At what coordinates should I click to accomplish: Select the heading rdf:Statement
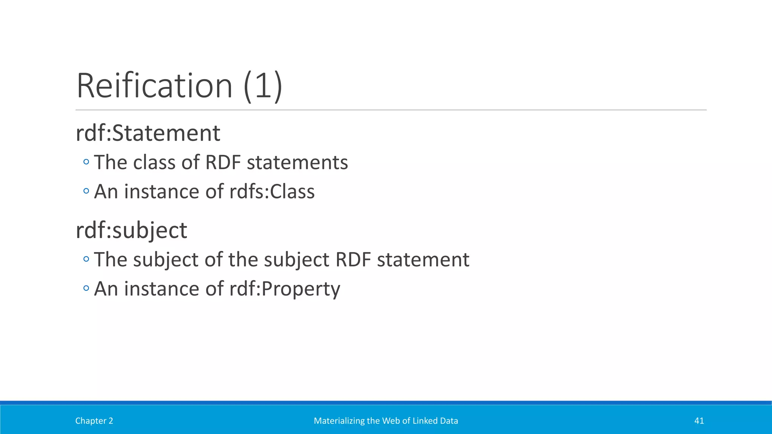point(148,133)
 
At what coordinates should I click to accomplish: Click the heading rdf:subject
point(131,230)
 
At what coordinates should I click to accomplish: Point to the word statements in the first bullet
point(297,163)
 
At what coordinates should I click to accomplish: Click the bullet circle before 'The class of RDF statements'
point(86,162)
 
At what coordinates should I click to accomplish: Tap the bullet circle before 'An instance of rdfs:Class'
point(86,191)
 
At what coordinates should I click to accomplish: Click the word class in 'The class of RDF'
point(154,163)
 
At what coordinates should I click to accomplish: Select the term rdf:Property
point(285,289)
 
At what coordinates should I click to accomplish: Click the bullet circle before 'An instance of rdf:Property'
point(86,289)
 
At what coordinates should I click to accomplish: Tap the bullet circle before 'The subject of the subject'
point(86,260)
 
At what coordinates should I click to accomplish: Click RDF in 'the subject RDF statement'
point(353,260)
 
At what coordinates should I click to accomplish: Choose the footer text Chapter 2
point(94,421)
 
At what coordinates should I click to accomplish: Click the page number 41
point(699,421)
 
